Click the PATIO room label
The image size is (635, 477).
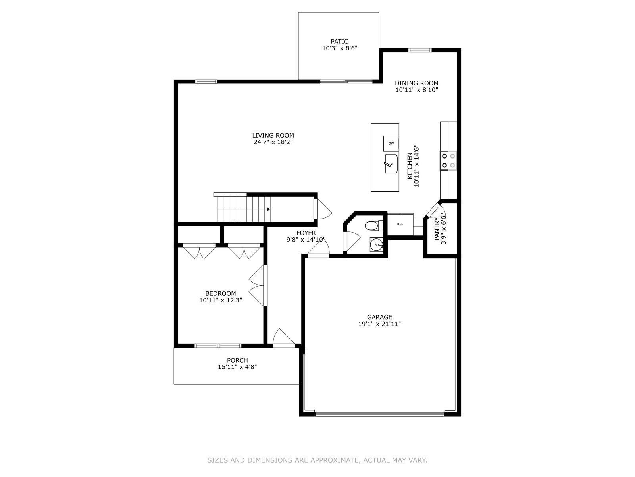click(340, 41)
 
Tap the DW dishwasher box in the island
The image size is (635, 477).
click(391, 143)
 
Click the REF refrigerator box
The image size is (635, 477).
click(400, 224)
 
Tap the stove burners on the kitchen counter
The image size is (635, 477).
click(448, 160)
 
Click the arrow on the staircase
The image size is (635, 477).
click(269, 209)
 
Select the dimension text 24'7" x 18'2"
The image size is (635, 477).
click(273, 142)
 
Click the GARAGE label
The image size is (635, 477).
click(379, 317)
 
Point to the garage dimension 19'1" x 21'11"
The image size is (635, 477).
click(379, 324)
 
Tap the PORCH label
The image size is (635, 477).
click(237, 360)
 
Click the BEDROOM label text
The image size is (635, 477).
click(221, 293)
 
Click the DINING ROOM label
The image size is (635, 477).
click(416, 83)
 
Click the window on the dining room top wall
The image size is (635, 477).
click(420, 50)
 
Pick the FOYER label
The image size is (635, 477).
click(306, 233)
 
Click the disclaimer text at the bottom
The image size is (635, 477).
click(317, 460)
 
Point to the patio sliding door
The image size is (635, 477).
click(346, 81)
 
